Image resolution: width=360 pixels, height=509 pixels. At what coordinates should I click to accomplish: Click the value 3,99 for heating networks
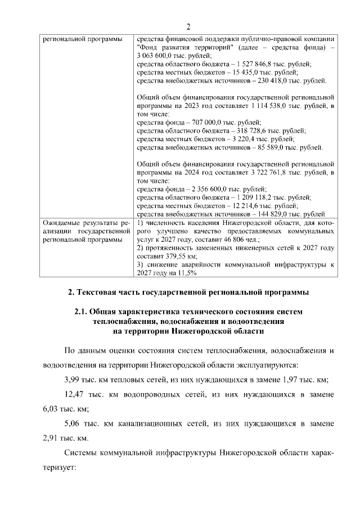click(75, 379)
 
